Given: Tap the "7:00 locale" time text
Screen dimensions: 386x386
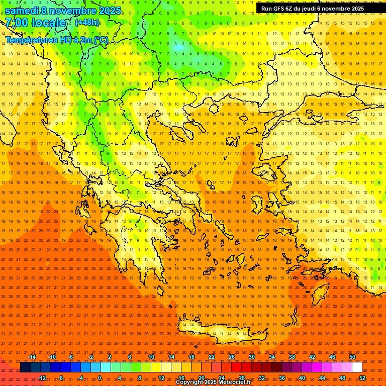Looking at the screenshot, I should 35,23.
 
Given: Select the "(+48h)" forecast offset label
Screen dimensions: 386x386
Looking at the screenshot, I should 87,23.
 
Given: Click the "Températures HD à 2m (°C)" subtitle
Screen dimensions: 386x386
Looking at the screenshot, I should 57,40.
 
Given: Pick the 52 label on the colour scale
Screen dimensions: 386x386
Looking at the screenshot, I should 362,377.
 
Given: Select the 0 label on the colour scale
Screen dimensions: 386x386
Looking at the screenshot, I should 100,377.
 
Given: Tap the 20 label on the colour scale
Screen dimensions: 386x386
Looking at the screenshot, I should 201,377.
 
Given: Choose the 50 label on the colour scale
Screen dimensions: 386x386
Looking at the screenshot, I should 352,357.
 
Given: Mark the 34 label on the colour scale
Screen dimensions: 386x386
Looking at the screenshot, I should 272,357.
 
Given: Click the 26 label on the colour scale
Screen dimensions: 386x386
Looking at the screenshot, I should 232,357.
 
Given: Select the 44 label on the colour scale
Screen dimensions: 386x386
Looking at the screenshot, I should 322,377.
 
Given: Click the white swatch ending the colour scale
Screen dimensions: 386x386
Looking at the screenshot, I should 357,367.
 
